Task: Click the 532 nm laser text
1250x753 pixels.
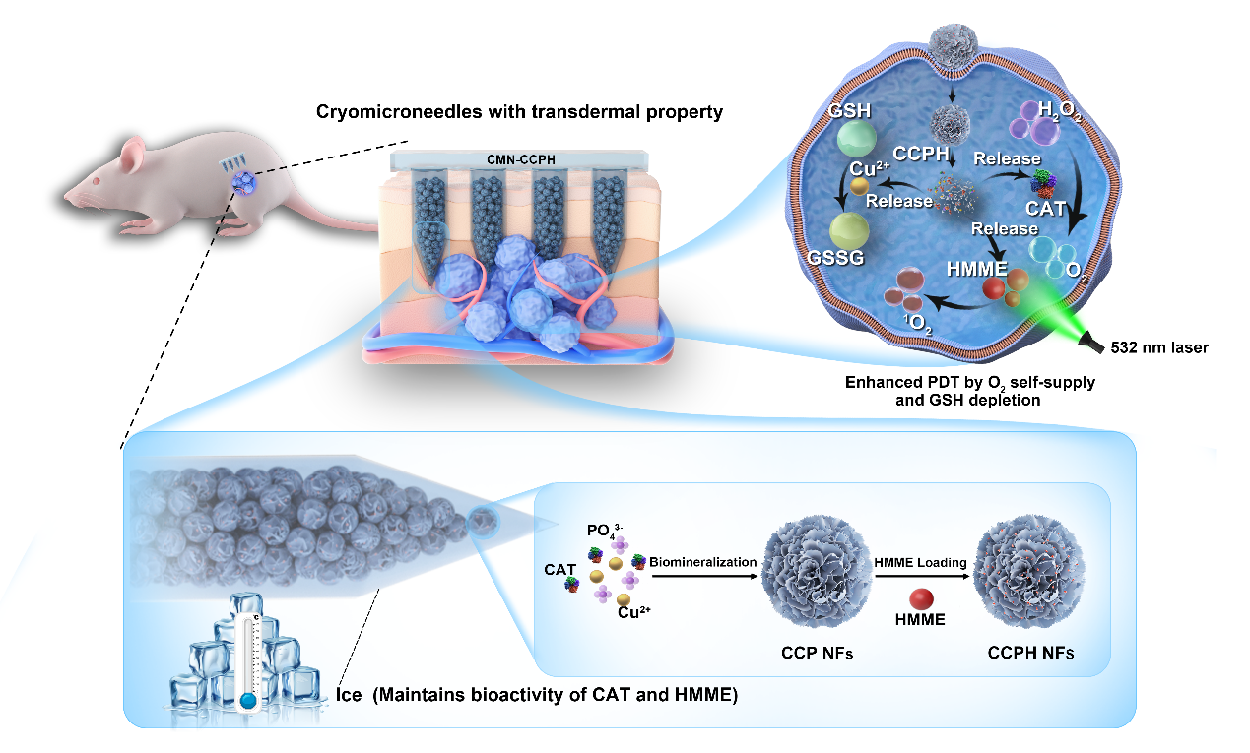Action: coord(1158,346)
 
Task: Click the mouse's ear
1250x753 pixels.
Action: coord(132,153)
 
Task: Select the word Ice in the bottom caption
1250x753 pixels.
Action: coord(352,695)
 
